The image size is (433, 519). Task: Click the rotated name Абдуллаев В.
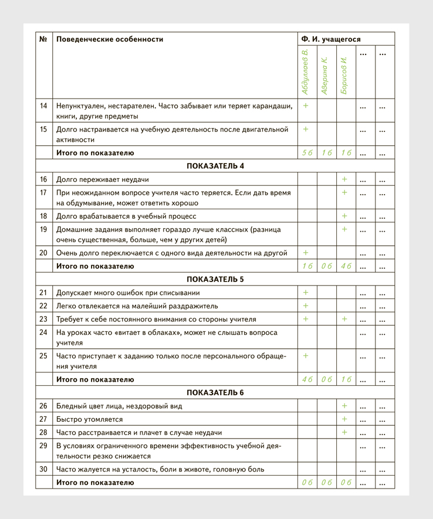pos(305,73)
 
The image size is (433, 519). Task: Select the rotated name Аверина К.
pos(324,76)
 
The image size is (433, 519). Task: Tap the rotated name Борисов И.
pos(344,76)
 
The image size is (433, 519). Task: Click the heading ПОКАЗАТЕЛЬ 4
pos(215,166)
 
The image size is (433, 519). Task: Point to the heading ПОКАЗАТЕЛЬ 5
pos(215,279)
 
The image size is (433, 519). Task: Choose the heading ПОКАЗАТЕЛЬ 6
pos(215,392)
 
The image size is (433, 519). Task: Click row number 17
pos(43,192)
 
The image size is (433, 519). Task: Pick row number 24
pos(43,333)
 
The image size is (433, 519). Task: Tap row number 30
pos(43,469)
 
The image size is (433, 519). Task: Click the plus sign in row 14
pos(306,106)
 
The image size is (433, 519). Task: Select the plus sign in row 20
pos(306,253)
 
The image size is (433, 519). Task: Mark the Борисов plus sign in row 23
pos(344,320)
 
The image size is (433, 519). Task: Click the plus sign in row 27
pos(344,419)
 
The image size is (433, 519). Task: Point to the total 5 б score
pos(307,153)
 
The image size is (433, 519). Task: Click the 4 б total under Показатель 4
pos(346,266)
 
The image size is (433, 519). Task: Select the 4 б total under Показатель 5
pos(307,379)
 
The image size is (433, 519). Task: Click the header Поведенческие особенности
pos(110,39)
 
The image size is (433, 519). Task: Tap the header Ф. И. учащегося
pos(331,39)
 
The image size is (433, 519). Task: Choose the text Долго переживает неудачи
pos(102,179)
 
